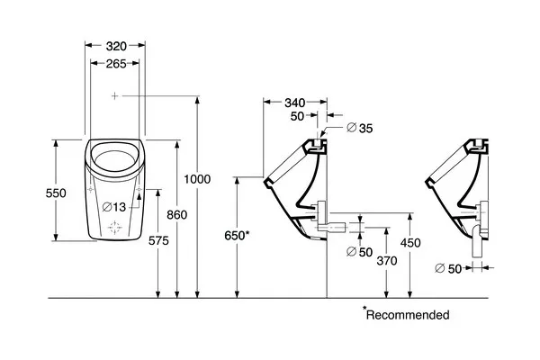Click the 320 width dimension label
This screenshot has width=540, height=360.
[116, 46]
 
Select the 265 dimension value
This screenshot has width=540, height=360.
[116, 64]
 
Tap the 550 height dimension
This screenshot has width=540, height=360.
[56, 193]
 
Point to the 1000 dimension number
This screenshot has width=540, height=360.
[197, 179]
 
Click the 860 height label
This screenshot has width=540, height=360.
[177, 215]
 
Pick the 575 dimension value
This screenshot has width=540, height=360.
[158, 241]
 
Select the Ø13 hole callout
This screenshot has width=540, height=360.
[114, 207]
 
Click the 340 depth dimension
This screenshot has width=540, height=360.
[295, 103]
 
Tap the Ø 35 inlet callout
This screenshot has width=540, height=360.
[360, 128]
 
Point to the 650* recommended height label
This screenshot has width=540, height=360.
[237, 236]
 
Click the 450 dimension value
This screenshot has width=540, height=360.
[410, 243]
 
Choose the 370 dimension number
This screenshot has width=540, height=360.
[387, 261]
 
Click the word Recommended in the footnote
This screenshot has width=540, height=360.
[408, 315]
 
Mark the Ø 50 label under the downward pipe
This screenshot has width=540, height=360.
[448, 268]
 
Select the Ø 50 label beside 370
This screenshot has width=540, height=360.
[359, 252]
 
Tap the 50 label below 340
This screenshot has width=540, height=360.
[297, 116]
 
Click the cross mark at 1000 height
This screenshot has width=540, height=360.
[114, 95]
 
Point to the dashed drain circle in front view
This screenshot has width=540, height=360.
[114, 228]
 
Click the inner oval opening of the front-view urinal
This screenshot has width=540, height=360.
[114, 160]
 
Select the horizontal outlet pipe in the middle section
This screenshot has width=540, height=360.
[331, 227]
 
